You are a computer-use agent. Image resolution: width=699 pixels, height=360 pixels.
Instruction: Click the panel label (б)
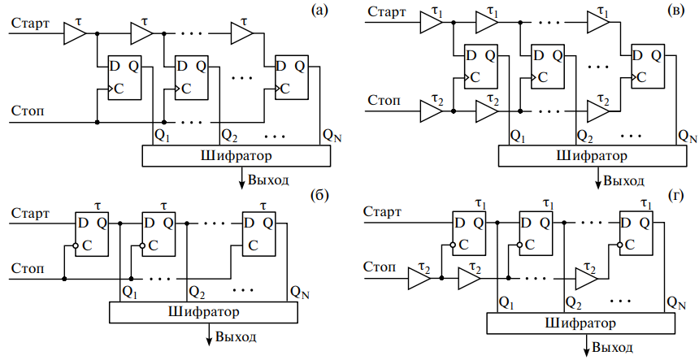click(x=319, y=195)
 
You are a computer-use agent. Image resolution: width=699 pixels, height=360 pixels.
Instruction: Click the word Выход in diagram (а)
click(x=268, y=179)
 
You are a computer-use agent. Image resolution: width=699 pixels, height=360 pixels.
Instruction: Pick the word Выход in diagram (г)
click(x=614, y=348)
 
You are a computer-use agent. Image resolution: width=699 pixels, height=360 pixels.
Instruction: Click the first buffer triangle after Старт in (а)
click(x=74, y=33)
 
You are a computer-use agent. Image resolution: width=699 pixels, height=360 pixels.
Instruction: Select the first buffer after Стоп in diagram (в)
click(x=430, y=110)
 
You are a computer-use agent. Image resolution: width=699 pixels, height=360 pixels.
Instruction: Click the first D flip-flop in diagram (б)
click(x=90, y=233)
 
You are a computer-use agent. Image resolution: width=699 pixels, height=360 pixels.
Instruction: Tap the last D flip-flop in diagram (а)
click(x=291, y=77)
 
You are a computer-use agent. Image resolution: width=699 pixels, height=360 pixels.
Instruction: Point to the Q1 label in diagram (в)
click(x=516, y=136)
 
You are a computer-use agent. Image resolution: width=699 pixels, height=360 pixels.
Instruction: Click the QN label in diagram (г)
click(x=674, y=302)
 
